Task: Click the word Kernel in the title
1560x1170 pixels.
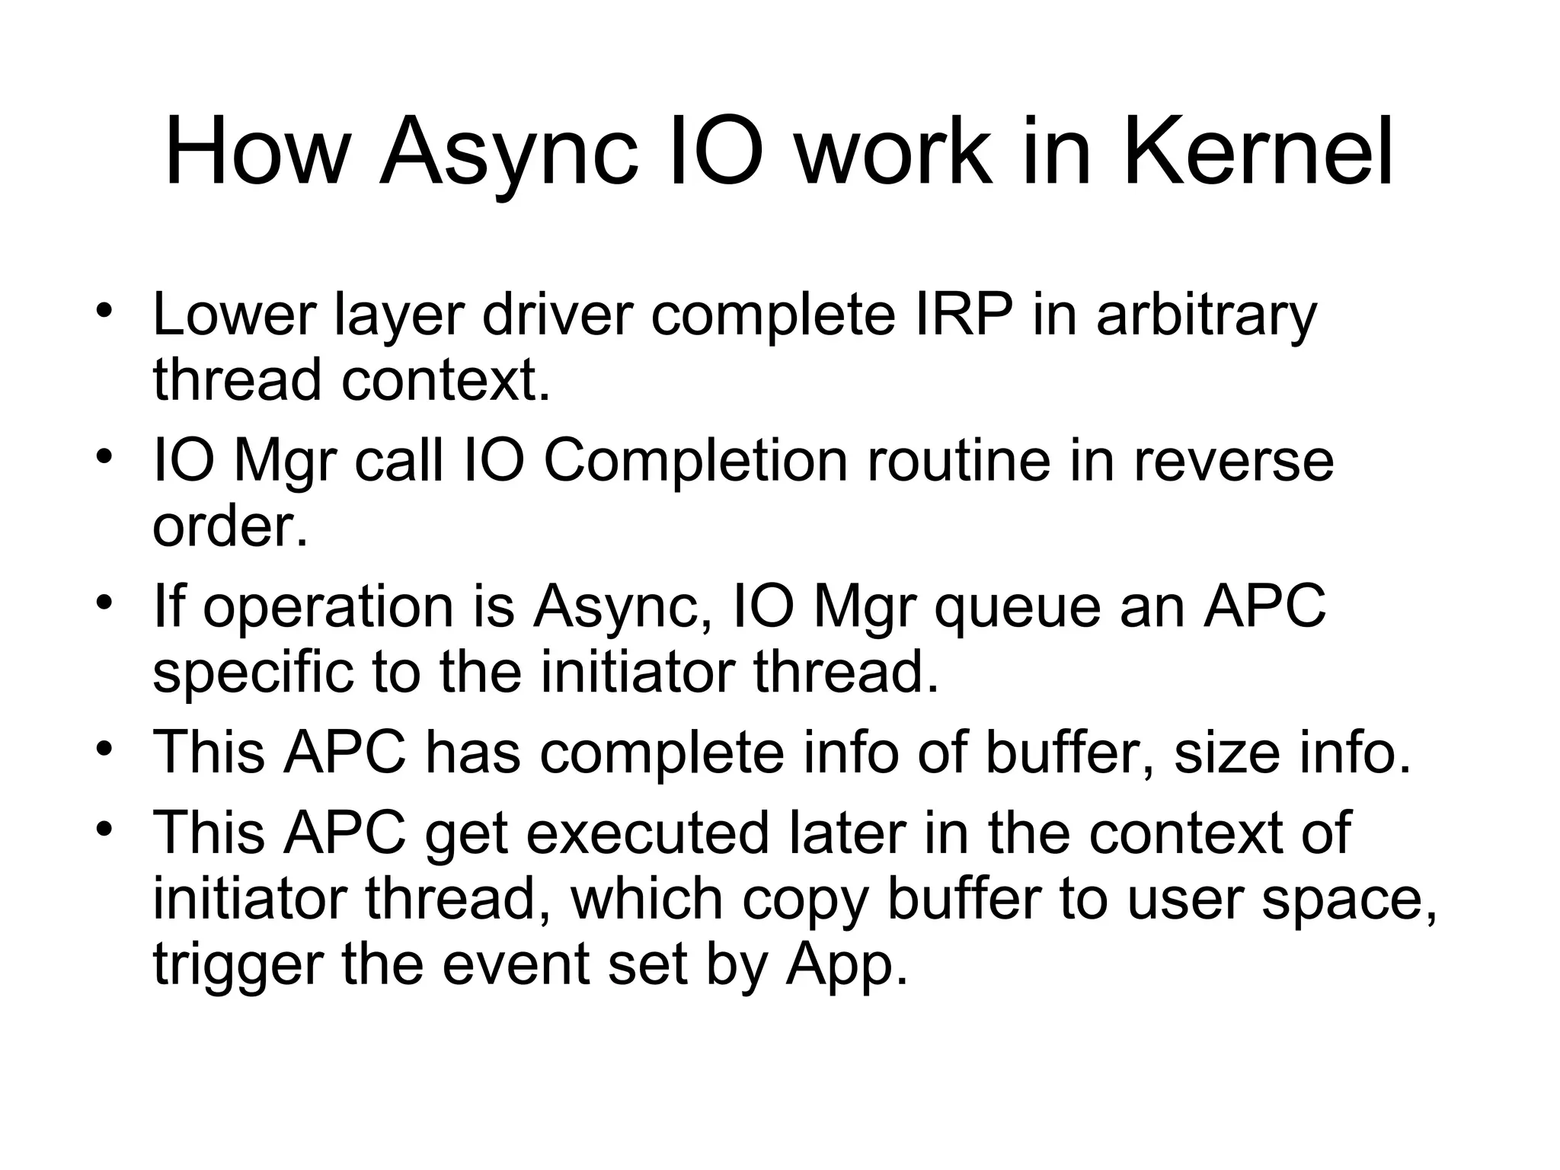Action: (x=1258, y=152)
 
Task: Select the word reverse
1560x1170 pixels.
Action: (x=1233, y=463)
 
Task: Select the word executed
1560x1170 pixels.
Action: (x=647, y=834)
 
